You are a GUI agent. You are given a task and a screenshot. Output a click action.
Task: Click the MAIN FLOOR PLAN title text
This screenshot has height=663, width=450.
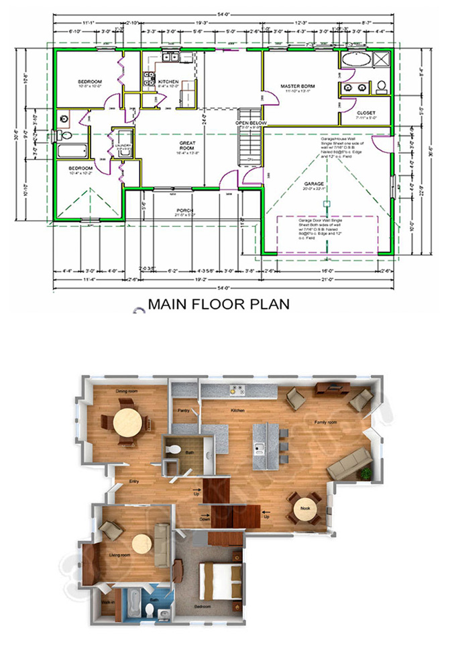click(218, 304)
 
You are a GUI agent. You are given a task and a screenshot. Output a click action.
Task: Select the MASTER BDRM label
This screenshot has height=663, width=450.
click(298, 87)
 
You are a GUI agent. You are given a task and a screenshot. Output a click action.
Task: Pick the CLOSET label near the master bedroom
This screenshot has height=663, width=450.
click(366, 113)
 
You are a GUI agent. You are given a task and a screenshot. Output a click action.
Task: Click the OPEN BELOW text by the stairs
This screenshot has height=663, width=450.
click(251, 123)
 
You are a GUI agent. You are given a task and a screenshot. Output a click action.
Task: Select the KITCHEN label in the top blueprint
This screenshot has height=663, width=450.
click(168, 82)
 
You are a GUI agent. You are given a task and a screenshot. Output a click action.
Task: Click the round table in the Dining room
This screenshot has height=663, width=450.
click(127, 424)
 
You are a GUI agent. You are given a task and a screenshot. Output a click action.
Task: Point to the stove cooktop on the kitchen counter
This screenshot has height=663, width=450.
click(236, 389)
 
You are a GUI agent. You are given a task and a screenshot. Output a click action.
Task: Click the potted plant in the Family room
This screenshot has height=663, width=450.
click(365, 473)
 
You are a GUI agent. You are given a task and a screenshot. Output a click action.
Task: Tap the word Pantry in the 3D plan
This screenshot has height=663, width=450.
click(183, 410)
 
